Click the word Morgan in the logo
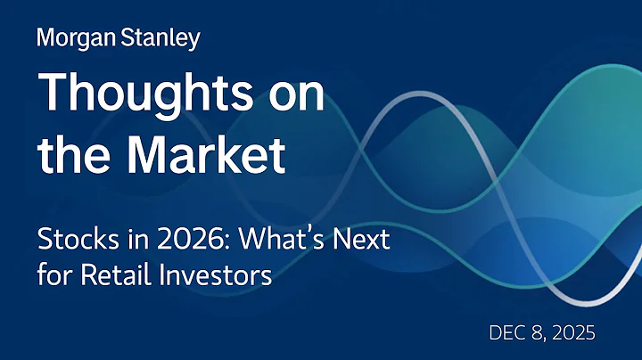point(75,38)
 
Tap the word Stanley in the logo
point(158,38)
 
